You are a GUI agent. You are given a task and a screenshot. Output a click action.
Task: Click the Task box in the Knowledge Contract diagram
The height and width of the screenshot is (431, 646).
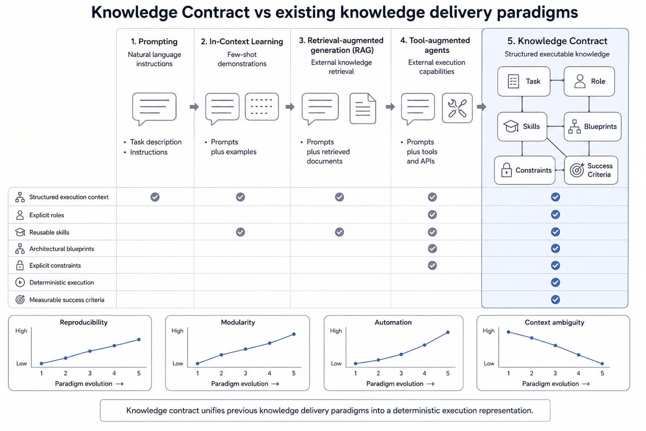point(524,81)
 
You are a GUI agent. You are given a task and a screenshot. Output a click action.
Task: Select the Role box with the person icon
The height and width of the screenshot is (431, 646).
point(589,81)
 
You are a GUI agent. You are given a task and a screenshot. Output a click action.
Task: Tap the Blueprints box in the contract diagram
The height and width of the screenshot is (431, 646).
point(593,126)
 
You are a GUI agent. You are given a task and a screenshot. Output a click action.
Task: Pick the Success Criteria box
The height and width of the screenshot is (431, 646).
point(591,170)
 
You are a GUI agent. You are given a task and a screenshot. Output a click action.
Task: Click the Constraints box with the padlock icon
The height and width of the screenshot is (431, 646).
point(524,170)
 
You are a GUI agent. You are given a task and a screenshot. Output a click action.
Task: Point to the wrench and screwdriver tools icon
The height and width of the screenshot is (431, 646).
point(457,108)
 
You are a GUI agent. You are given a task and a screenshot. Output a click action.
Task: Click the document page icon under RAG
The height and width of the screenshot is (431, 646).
point(363,109)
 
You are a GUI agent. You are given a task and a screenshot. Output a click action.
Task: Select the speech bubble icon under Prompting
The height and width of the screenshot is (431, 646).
point(154,109)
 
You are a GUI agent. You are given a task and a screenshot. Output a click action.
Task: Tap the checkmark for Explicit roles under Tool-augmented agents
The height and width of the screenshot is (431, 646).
point(433,215)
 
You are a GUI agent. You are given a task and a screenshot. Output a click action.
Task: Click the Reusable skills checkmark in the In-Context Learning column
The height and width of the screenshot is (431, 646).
point(241,232)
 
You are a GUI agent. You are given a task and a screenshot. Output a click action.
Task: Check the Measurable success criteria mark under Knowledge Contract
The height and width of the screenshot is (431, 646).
point(556,300)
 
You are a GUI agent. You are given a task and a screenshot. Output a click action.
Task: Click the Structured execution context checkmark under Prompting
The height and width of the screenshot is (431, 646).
point(155,197)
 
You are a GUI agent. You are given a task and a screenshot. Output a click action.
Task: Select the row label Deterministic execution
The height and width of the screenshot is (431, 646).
point(62,282)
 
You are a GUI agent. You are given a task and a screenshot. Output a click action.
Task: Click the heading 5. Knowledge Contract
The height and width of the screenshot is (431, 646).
point(557,41)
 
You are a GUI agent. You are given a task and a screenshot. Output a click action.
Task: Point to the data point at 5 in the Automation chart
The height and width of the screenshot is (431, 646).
point(448,332)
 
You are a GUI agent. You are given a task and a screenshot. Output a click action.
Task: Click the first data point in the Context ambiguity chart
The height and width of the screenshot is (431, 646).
point(508,332)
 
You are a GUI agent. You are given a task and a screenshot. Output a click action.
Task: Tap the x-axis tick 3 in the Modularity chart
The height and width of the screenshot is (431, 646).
point(245,373)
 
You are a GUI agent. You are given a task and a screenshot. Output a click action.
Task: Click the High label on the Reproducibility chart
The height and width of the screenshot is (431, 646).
point(21,331)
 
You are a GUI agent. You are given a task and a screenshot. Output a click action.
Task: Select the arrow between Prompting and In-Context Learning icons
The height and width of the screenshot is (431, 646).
point(194,107)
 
